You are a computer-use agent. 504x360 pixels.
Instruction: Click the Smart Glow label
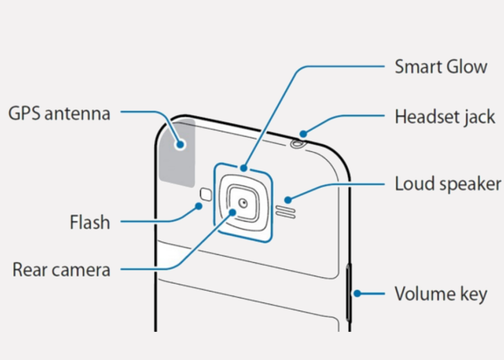pyautogui.click(x=441, y=68)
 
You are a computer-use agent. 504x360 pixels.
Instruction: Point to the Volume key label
pyautogui.click(x=441, y=294)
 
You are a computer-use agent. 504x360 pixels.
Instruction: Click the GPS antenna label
pyautogui.click(x=59, y=113)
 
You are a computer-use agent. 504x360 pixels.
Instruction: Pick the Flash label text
pyautogui.click(x=89, y=222)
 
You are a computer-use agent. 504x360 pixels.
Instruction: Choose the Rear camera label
pyautogui.click(x=61, y=270)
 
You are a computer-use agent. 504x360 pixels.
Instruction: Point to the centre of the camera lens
pyautogui.click(x=243, y=202)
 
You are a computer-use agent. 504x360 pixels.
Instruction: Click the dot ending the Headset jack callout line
pyautogui.click(x=304, y=132)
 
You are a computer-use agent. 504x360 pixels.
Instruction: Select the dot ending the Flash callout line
pyautogui.click(x=199, y=207)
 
